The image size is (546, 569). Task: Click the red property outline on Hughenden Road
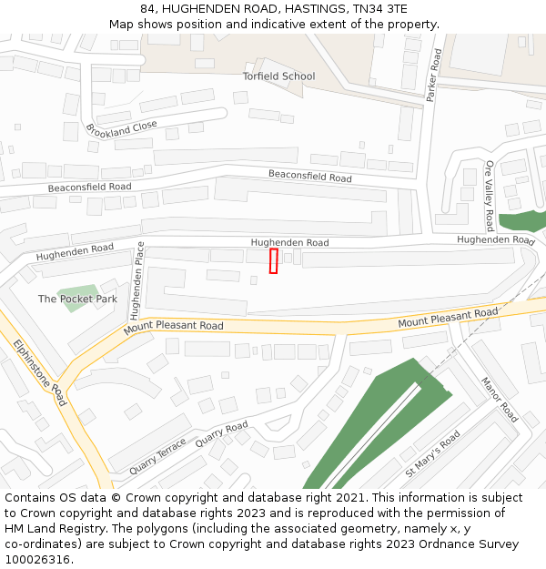coord(273,260)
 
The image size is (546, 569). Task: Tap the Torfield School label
coord(278,76)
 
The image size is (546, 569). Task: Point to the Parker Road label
coord(434,74)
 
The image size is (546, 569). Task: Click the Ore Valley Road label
coord(490,196)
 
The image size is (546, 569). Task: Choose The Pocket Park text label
coord(77,299)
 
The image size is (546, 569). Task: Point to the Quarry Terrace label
coord(157,456)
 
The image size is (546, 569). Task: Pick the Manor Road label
coord(499,400)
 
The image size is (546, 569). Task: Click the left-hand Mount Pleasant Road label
coord(174,326)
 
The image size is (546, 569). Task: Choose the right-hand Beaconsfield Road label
coord(309,176)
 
